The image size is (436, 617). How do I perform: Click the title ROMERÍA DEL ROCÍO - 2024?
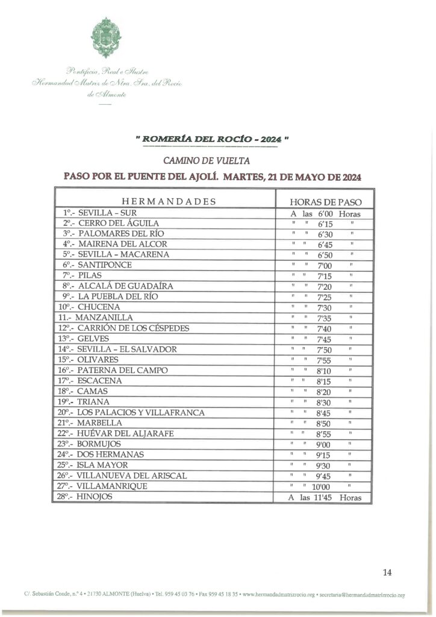tap(213, 139)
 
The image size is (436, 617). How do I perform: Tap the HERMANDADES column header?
tap(168, 201)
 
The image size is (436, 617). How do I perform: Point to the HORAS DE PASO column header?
tap(325, 202)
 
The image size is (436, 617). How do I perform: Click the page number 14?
tap(387, 572)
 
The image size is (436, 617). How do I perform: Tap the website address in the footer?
tap(277, 595)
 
